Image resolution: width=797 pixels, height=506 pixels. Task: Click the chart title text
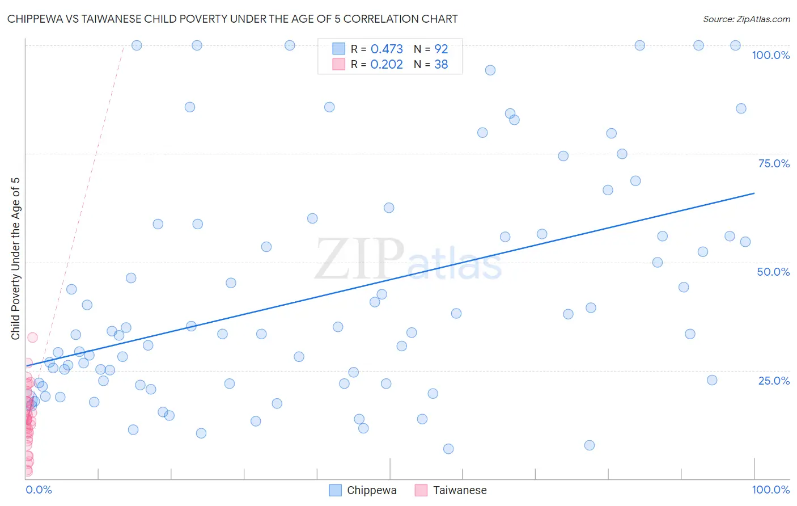pyautogui.click(x=232, y=19)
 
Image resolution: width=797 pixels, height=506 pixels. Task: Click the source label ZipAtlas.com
pyautogui.click(x=746, y=19)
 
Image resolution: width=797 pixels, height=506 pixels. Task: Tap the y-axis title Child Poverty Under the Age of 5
pyautogui.click(x=15, y=259)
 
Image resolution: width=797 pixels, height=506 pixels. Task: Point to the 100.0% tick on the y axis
pyautogui.click(x=770, y=55)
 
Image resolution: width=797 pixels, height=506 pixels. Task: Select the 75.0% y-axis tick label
pyautogui.click(x=774, y=163)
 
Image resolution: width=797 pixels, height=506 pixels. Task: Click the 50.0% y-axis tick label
pyautogui.click(x=773, y=272)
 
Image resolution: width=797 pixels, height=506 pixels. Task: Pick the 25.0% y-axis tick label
pyautogui.click(x=774, y=381)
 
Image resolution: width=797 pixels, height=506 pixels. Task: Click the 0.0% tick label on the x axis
pyautogui.click(x=39, y=490)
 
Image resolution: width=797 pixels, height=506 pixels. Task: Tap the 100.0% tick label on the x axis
pyautogui.click(x=770, y=490)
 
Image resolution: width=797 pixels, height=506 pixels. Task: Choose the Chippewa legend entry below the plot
pyautogui.click(x=363, y=490)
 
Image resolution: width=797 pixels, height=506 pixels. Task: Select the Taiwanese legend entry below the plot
pyautogui.click(x=451, y=490)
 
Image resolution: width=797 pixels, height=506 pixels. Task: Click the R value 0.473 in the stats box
pyautogui.click(x=387, y=49)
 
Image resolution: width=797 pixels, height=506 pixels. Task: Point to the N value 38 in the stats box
pyautogui.click(x=441, y=65)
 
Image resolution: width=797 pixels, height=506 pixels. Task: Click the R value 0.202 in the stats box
pyautogui.click(x=387, y=65)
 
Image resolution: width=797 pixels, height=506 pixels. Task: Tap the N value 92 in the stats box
pyautogui.click(x=441, y=49)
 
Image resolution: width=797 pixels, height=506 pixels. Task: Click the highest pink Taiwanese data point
pyautogui.click(x=32, y=338)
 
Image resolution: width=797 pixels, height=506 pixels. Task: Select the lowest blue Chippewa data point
pyautogui.click(x=448, y=449)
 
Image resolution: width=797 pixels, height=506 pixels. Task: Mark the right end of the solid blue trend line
pyautogui.click(x=754, y=193)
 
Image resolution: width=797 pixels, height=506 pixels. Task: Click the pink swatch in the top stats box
pyautogui.click(x=338, y=64)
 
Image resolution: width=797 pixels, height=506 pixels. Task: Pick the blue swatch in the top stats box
pyautogui.click(x=338, y=49)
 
